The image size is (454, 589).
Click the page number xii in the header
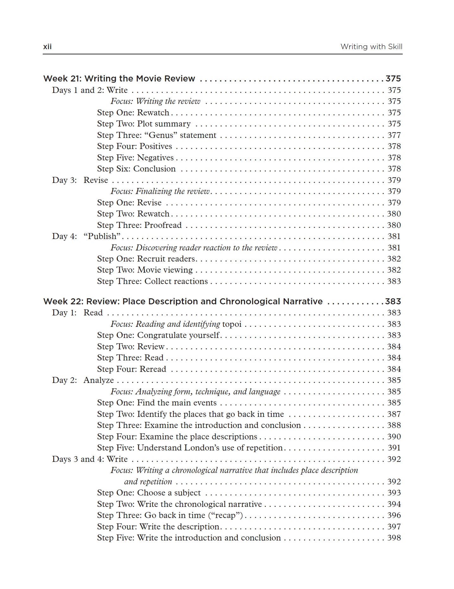tap(47, 47)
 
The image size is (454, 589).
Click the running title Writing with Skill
tap(371, 47)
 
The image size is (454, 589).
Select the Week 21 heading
tap(119, 79)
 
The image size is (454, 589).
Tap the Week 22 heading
tap(183, 301)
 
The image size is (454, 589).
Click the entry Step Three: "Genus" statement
tap(156, 135)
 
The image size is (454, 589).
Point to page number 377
tap(394, 135)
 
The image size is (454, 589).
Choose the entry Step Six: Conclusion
tap(136, 169)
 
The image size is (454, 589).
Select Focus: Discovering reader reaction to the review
tap(193, 248)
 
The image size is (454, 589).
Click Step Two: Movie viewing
tap(145, 270)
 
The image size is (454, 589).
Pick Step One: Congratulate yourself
tap(158, 335)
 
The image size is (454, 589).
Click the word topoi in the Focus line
tap(232, 324)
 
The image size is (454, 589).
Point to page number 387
tap(394, 414)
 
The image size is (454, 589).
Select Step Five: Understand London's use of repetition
tap(190, 448)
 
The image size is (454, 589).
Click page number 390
tap(394, 437)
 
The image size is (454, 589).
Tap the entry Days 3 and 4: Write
tap(90, 459)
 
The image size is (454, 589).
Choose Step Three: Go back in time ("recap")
tap(170, 515)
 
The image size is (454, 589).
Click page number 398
tap(394, 538)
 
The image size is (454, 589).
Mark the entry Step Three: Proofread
tap(139, 225)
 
